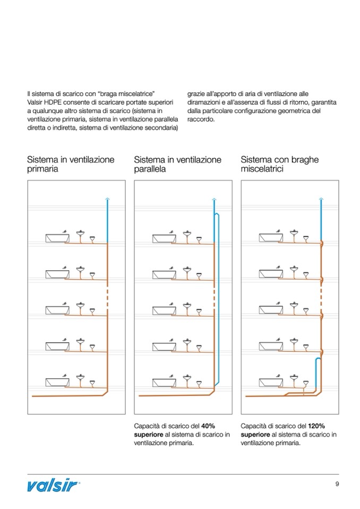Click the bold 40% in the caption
pos(208,426)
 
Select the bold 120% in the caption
pos(316,426)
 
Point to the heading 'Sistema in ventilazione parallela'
pos(177,164)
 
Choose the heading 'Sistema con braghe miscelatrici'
pos(279,164)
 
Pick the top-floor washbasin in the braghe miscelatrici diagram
pos(295,234)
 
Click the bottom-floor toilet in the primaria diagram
pos(92,382)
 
